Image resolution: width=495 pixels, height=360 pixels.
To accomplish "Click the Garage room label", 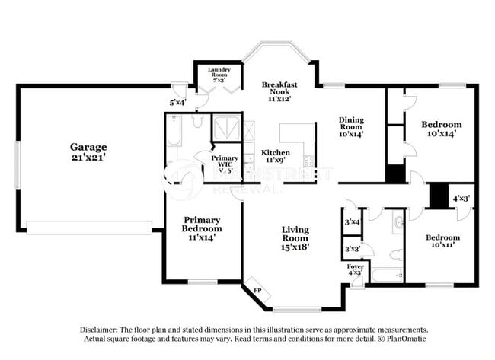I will (88, 147).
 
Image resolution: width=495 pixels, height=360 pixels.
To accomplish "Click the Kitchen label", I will (275, 152).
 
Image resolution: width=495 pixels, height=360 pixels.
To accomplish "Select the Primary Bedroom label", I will (203, 224).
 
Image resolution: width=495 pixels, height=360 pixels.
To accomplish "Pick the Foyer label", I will (356, 266).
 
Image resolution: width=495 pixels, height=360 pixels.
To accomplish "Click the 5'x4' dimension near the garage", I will (177, 101).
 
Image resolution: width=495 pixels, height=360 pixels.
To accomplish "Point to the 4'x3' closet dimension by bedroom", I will (461, 199).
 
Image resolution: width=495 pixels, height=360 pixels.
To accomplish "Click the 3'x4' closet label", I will (352, 222).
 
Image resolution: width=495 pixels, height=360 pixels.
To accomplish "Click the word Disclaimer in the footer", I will (104, 330).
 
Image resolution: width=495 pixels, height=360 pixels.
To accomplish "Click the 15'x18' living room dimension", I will (295, 246).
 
